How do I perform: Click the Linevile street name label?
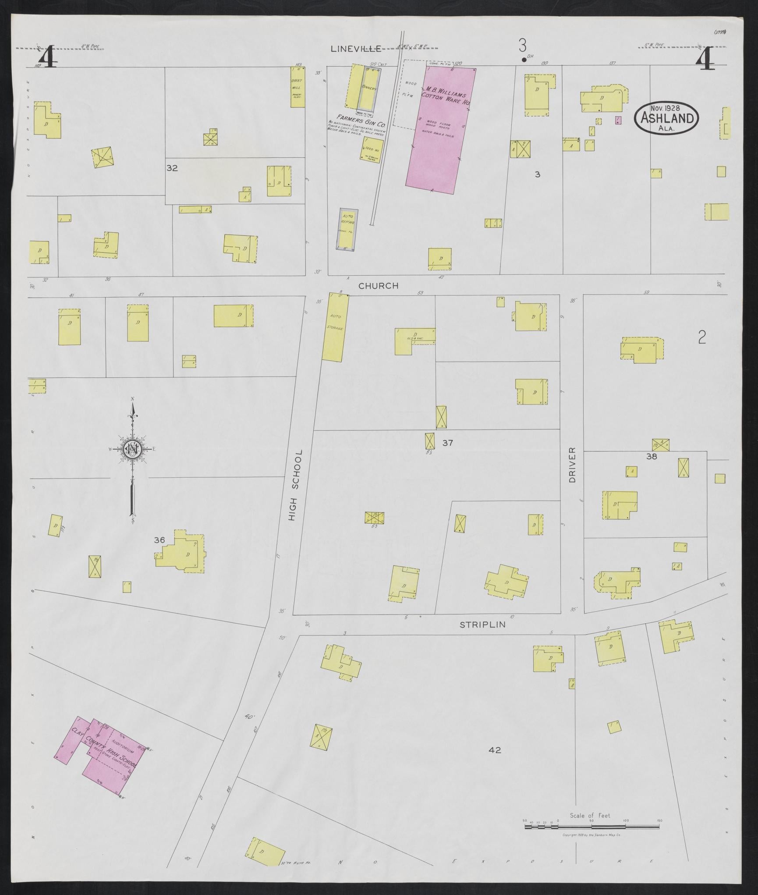[355, 49]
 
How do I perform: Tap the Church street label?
[378, 286]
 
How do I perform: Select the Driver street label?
[572, 465]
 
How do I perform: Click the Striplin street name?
[482, 625]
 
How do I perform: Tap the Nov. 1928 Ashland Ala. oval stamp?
[666, 117]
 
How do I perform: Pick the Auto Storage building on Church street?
[335, 328]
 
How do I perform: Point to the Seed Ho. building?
[372, 150]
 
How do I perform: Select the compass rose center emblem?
[131, 449]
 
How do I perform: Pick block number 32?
[172, 168]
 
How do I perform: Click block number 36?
[159, 540]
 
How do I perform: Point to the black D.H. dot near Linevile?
[523, 60]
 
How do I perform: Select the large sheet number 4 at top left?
[47, 57]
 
